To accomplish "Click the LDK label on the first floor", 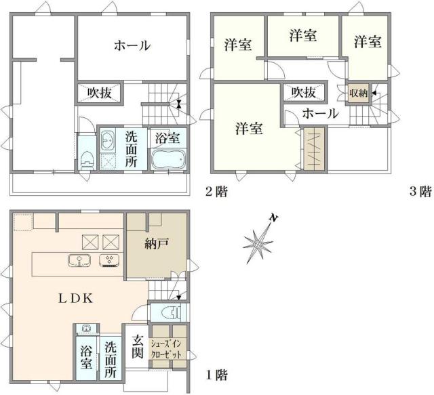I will tap(69, 298).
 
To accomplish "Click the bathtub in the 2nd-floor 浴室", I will tap(167, 161).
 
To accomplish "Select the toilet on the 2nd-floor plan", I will tap(86, 158).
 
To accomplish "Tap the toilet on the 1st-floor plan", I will tap(172, 313).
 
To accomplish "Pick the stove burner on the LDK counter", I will tap(108, 261).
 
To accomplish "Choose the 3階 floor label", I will tap(420, 191).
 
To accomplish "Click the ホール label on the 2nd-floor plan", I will tap(132, 45).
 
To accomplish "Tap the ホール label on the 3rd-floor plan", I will tap(319, 113).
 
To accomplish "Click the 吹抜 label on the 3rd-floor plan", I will tap(303, 92).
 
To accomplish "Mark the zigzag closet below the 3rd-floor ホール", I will tap(314, 148).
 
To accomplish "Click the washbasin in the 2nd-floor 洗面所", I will tap(108, 143).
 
